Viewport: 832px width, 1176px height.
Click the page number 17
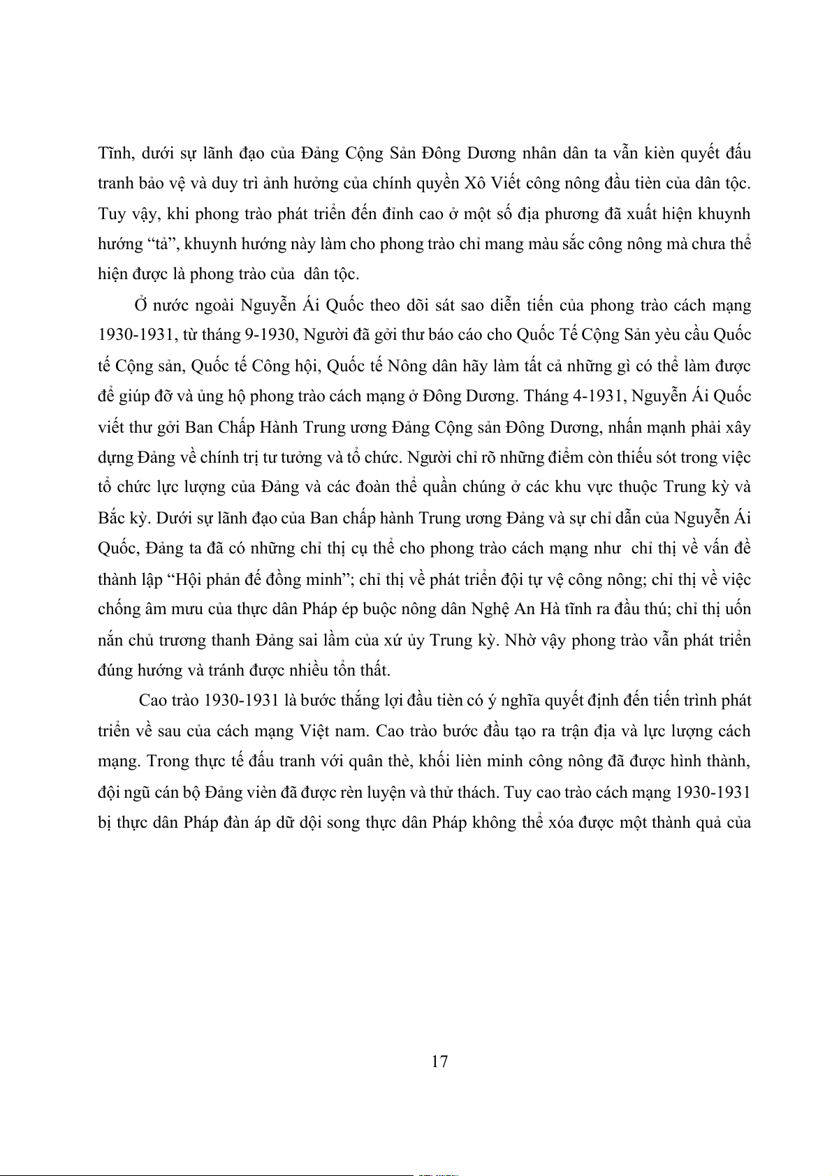click(439, 1062)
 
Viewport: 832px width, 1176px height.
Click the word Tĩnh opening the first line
click(114, 153)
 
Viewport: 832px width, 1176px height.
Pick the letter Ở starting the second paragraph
click(141, 305)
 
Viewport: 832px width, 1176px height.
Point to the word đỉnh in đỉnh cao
click(396, 214)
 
